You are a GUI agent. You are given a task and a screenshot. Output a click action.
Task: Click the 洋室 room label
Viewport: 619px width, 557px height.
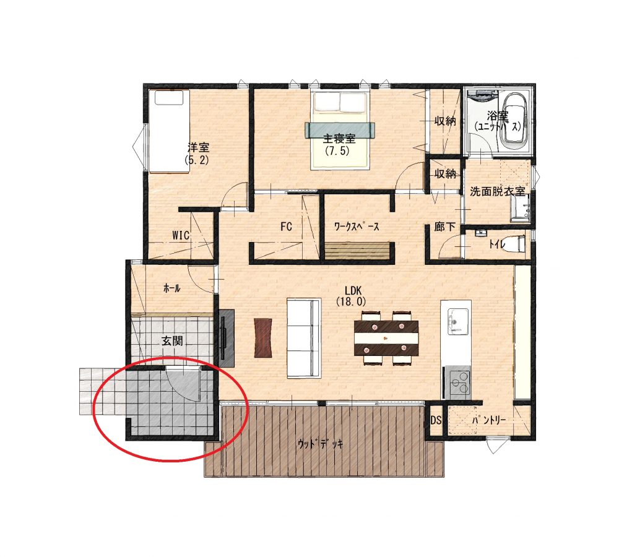[x=198, y=148]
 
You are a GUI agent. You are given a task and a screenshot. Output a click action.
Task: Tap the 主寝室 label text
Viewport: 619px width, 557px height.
[x=339, y=139]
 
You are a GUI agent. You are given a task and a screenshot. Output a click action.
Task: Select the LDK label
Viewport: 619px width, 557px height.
[x=353, y=290]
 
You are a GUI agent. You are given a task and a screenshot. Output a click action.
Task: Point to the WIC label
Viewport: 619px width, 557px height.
[x=181, y=235]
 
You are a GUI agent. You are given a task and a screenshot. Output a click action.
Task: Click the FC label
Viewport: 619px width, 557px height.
[x=286, y=227]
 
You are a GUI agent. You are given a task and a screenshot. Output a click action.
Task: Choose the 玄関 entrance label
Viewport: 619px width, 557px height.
[x=173, y=340]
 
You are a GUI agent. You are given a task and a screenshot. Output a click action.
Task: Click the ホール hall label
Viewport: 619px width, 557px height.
[x=172, y=288]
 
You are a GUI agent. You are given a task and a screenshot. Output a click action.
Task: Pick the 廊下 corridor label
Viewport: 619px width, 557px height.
[x=445, y=227]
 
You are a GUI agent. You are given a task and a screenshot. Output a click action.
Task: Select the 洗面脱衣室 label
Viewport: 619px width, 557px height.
[x=498, y=191]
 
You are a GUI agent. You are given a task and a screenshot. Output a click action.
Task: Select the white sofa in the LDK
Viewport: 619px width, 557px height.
[x=303, y=338]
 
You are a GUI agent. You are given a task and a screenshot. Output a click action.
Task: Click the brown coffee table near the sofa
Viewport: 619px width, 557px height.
[x=263, y=338]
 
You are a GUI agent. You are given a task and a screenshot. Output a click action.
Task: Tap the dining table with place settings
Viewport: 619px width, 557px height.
[x=386, y=338]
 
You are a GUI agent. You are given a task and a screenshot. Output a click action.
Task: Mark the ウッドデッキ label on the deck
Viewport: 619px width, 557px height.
[x=320, y=444]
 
